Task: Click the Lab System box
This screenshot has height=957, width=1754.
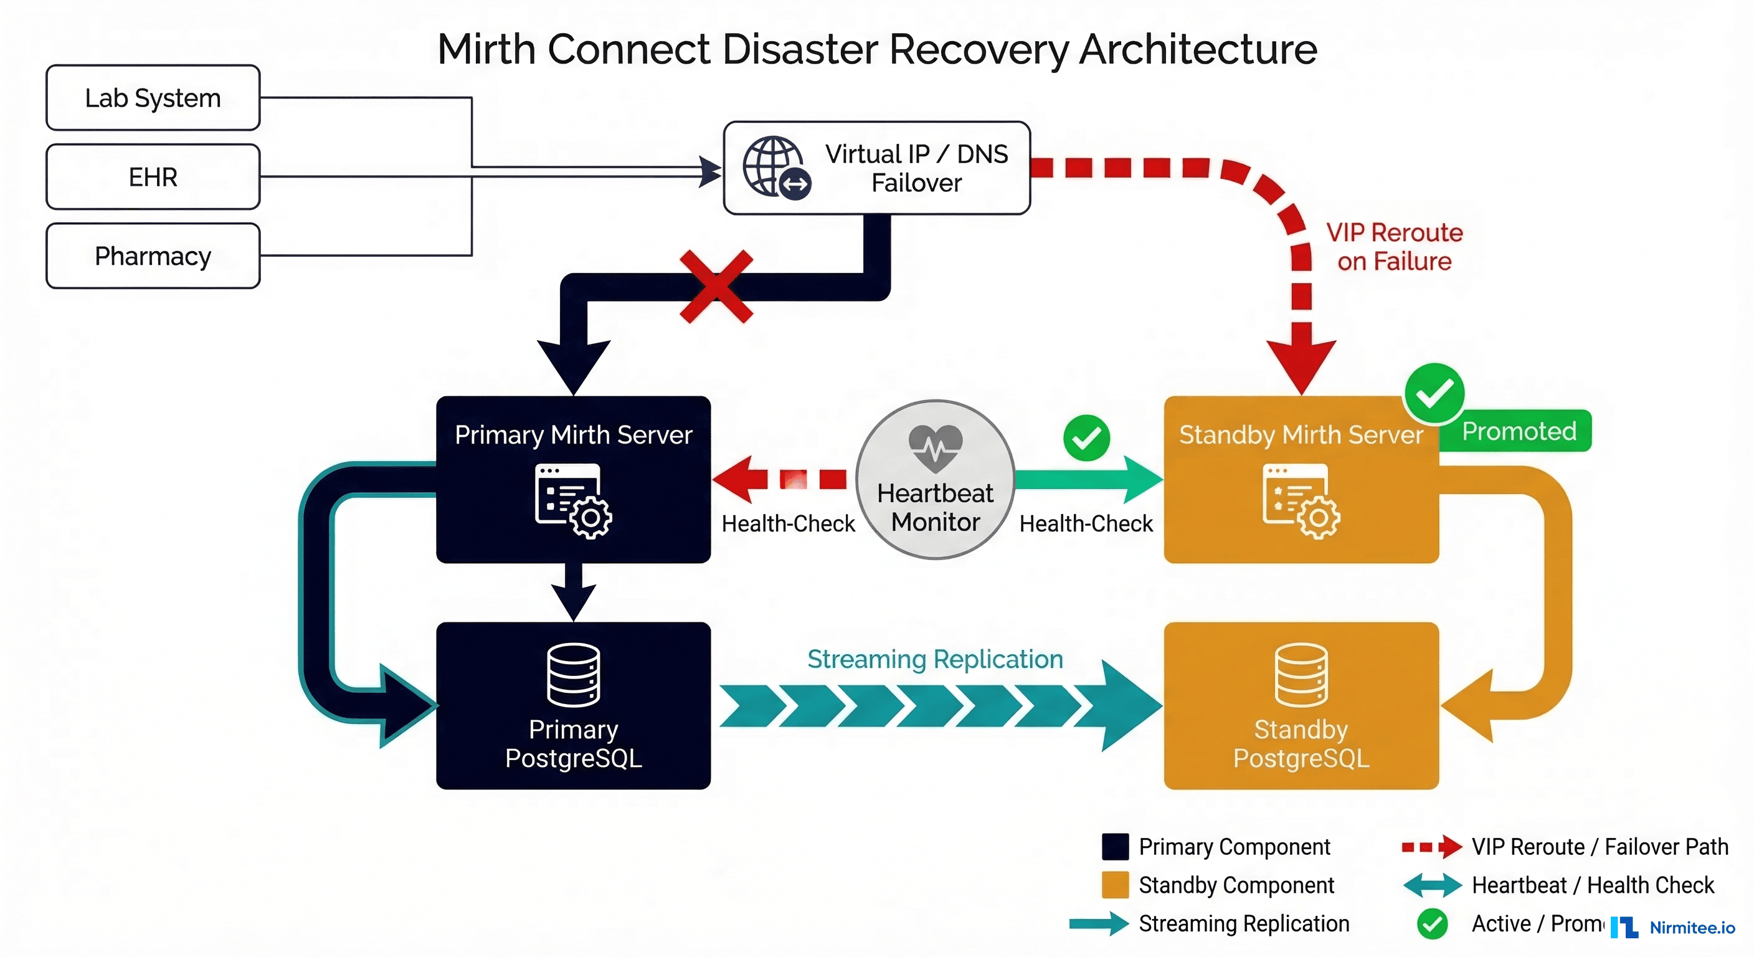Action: point(153,98)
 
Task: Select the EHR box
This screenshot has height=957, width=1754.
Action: point(153,177)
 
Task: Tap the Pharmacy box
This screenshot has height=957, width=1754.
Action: point(153,256)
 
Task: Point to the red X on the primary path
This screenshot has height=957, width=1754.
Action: point(716,286)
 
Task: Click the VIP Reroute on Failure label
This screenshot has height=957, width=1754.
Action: point(1394,247)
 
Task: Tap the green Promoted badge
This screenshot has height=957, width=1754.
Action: point(1519,431)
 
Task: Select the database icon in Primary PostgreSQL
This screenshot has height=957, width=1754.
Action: point(573,675)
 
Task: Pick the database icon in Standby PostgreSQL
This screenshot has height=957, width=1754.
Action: point(1301,675)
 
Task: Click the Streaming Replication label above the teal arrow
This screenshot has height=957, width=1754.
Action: point(935,659)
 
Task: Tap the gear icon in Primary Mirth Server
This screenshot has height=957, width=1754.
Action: point(590,518)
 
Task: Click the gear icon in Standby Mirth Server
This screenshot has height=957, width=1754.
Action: point(1319,518)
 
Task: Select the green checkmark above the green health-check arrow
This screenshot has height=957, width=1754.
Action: point(1086,438)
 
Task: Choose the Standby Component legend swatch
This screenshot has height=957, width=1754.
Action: point(1115,885)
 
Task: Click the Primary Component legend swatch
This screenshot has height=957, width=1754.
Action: point(1115,847)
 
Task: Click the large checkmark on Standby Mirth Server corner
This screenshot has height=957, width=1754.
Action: point(1434,393)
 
